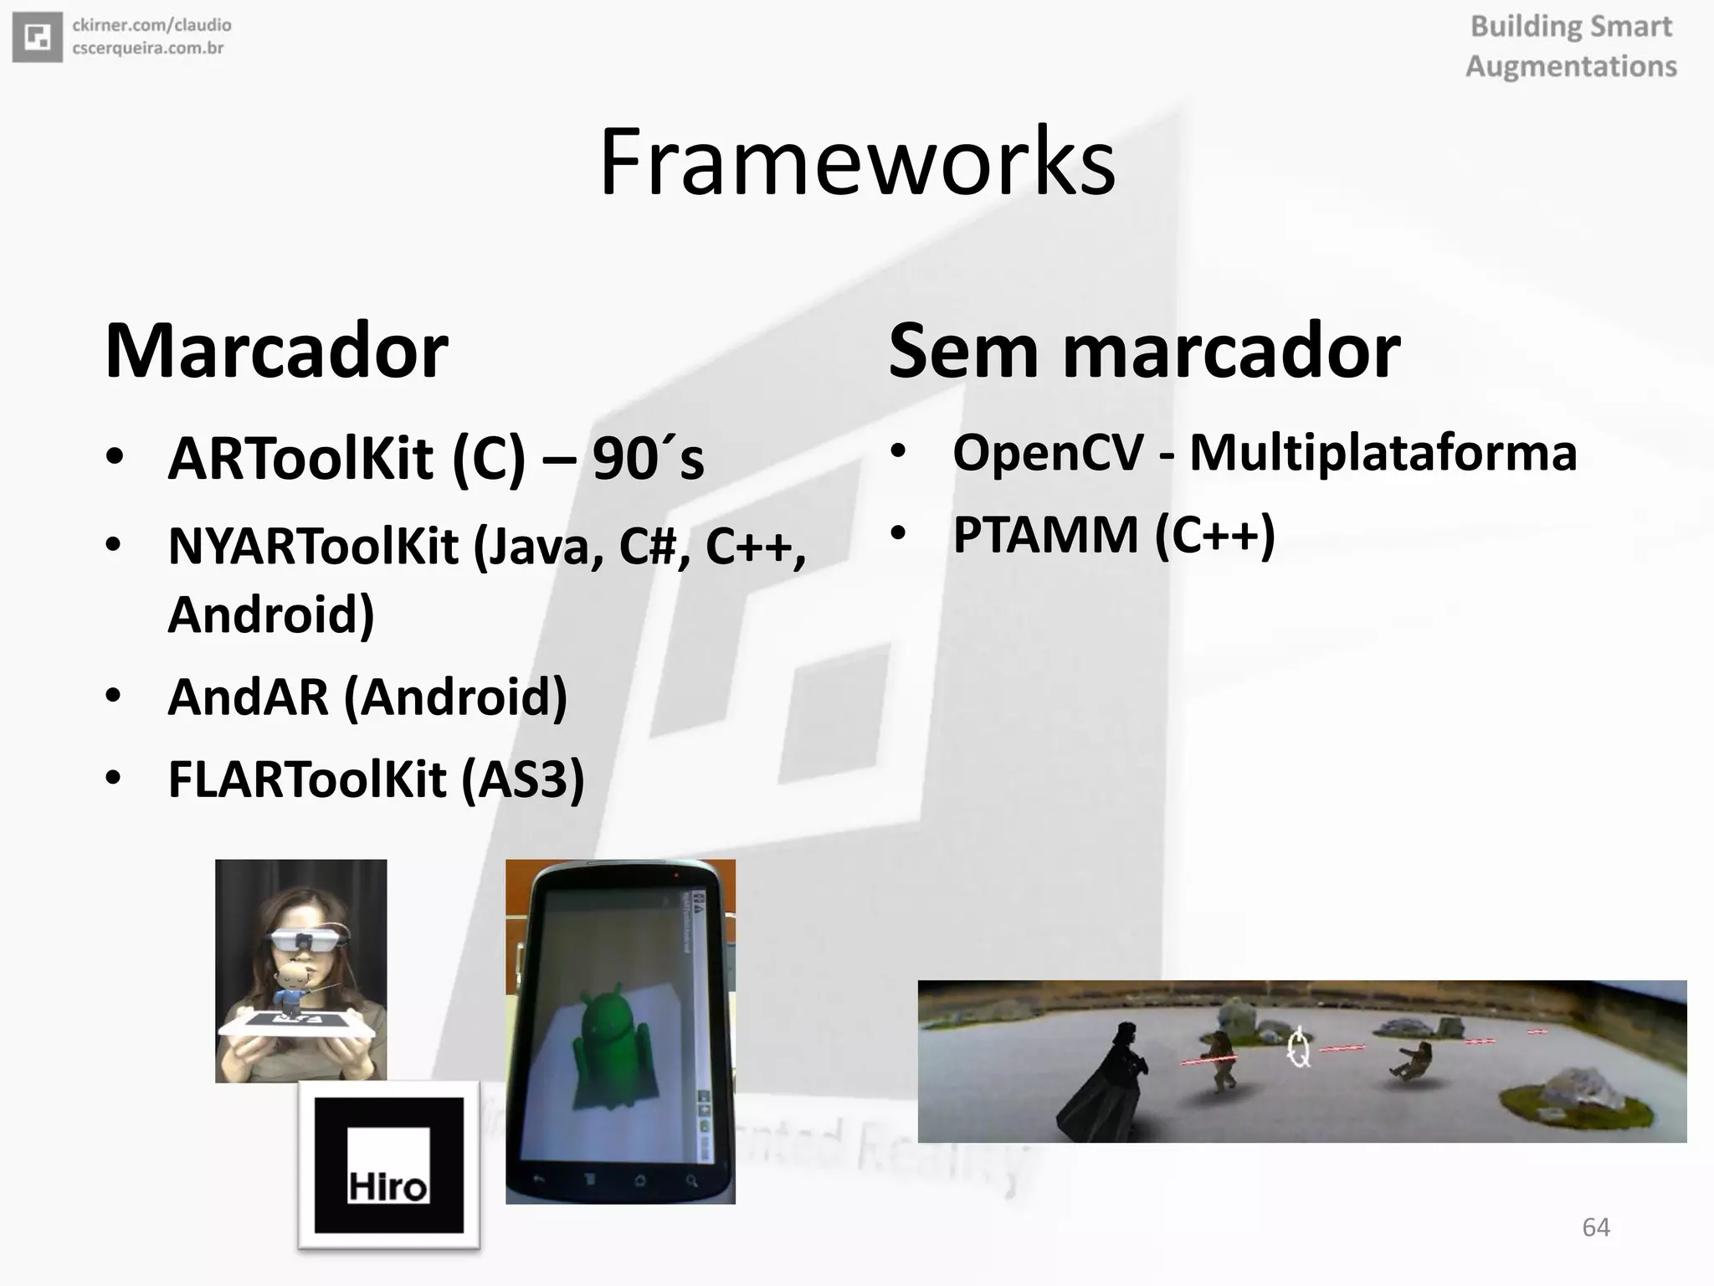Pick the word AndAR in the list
click(x=248, y=697)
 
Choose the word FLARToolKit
click(x=307, y=779)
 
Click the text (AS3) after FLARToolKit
click(x=523, y=779)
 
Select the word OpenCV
click(x=1048, y=452)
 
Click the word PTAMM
click(x=1045, y=534)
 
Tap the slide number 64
click(x=1595, y=1227)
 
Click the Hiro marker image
click(x=388, y=1165)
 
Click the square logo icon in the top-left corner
click(x=37, y=37)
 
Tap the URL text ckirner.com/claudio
click(x=151, y=26)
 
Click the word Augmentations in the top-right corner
click(x=1571, y=66)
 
